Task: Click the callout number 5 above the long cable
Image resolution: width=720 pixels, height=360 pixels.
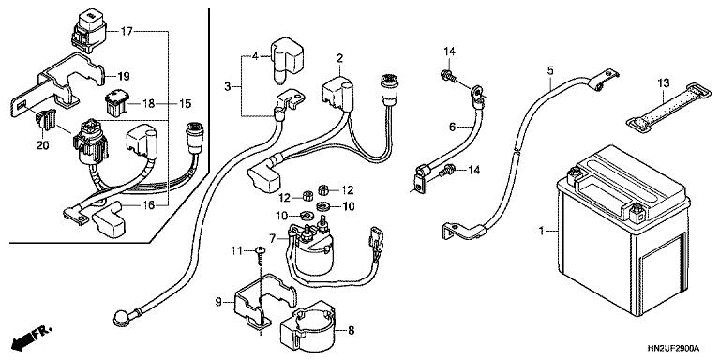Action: (550, 69)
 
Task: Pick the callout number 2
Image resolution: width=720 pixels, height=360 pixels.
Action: (340, 58)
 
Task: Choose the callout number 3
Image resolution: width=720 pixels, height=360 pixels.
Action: (228, 87)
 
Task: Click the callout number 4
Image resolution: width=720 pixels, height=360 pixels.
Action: (253, 55)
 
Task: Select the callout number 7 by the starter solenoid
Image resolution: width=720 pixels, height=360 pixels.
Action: (273, 239)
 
